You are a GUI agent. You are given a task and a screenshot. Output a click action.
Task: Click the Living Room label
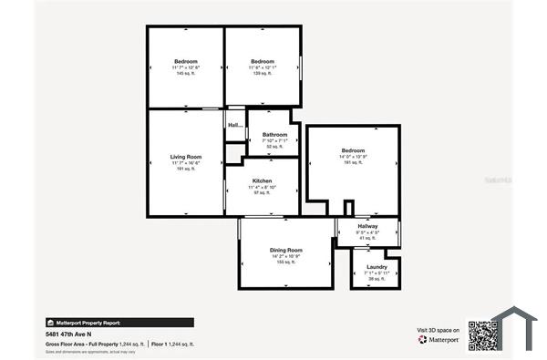[186, 157]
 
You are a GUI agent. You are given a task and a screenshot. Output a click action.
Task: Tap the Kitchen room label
[263, 181]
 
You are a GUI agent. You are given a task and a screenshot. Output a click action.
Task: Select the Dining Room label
[285, 249]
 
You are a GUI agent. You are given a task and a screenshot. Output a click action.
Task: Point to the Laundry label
[377, 266]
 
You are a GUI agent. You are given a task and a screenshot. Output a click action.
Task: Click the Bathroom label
[274, 134]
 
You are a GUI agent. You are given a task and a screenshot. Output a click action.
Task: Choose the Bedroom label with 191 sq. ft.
[353, 150]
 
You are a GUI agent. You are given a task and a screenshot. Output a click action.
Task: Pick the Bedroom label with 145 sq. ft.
[186, 61]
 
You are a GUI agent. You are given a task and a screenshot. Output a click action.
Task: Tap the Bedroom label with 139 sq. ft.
[263, 61]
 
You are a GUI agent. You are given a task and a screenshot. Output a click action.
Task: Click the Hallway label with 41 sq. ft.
[367, 226]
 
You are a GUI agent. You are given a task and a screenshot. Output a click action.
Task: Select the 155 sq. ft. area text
[285, 262]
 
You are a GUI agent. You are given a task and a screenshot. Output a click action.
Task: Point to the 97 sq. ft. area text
[263, 193]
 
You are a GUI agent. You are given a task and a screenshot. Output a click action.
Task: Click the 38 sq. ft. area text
[377, 278]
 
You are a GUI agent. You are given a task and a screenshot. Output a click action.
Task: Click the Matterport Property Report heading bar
[119, 322]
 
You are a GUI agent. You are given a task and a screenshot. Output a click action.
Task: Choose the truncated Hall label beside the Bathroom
[235, 125]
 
